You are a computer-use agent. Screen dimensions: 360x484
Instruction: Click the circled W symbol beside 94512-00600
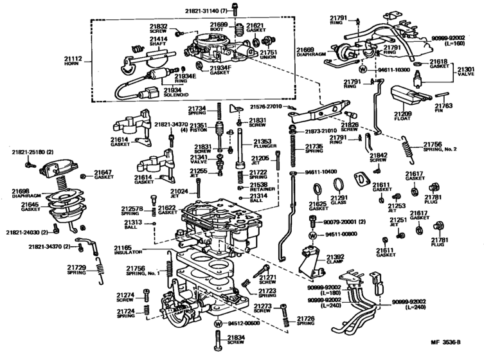pos(218,323)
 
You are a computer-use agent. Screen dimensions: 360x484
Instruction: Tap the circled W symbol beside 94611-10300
pos(363,68)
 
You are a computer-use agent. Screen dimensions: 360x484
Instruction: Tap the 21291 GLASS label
pos(339,202)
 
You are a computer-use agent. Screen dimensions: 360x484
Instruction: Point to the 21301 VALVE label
pos(466,69)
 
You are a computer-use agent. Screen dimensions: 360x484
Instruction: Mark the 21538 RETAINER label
pos(262,188)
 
